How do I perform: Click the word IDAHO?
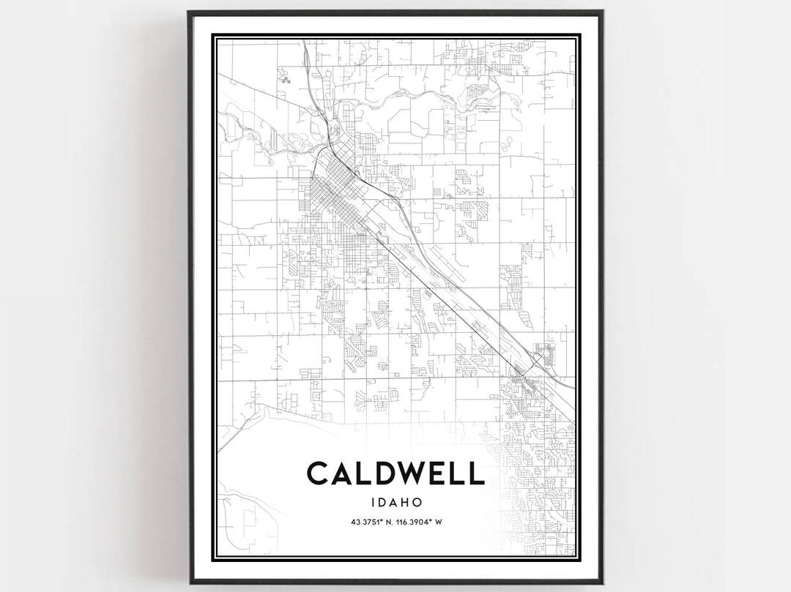395,502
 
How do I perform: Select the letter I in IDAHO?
374,502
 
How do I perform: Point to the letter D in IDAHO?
383,502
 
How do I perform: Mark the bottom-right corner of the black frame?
602,582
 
